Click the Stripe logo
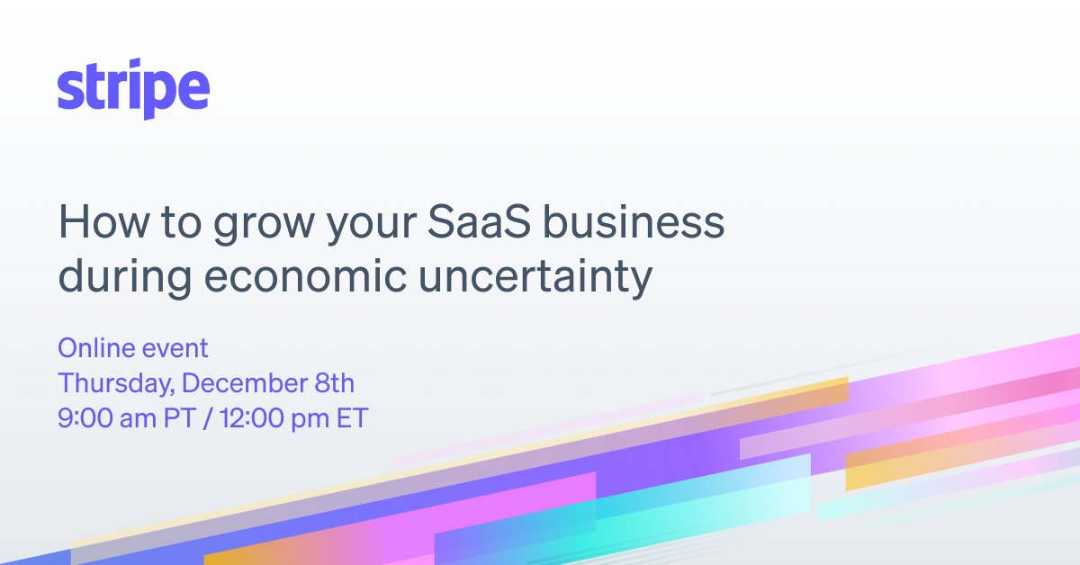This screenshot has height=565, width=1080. coord(133,90)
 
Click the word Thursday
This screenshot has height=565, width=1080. coord(115,383)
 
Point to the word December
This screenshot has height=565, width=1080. coord(240,383)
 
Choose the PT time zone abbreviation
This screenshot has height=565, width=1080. coord(181,418)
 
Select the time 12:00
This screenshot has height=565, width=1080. coord(249,418)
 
